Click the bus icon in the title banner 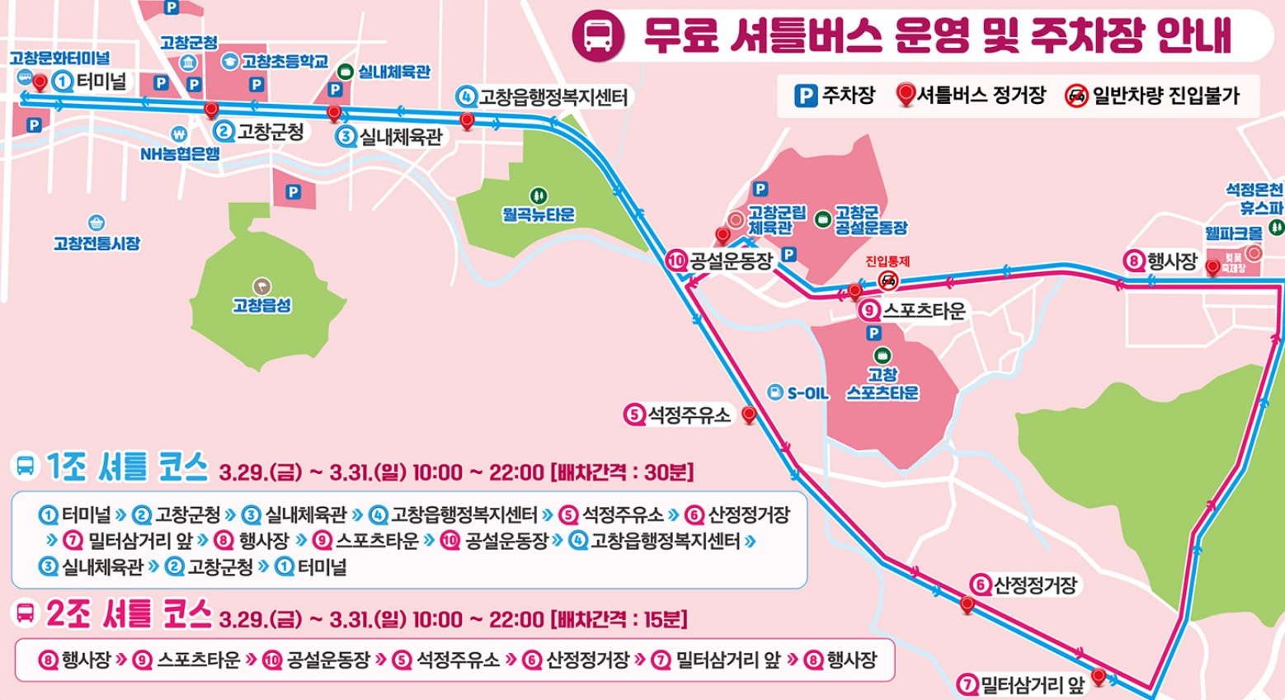point(598,35)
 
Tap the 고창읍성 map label point(261,305)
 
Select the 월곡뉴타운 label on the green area point(539,214)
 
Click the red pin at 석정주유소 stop point(749,415)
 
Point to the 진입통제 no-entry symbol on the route point(887,280)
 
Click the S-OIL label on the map point(807,393)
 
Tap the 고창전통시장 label point(96,243)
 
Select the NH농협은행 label point(180,153)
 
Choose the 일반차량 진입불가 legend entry point(1152,96)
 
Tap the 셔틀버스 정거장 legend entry point(971,96)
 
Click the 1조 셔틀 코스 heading point(127,467)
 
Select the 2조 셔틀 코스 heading point(129,614)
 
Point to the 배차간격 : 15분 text point(619,619)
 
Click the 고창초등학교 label point(285,61)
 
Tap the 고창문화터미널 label point(59,58)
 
